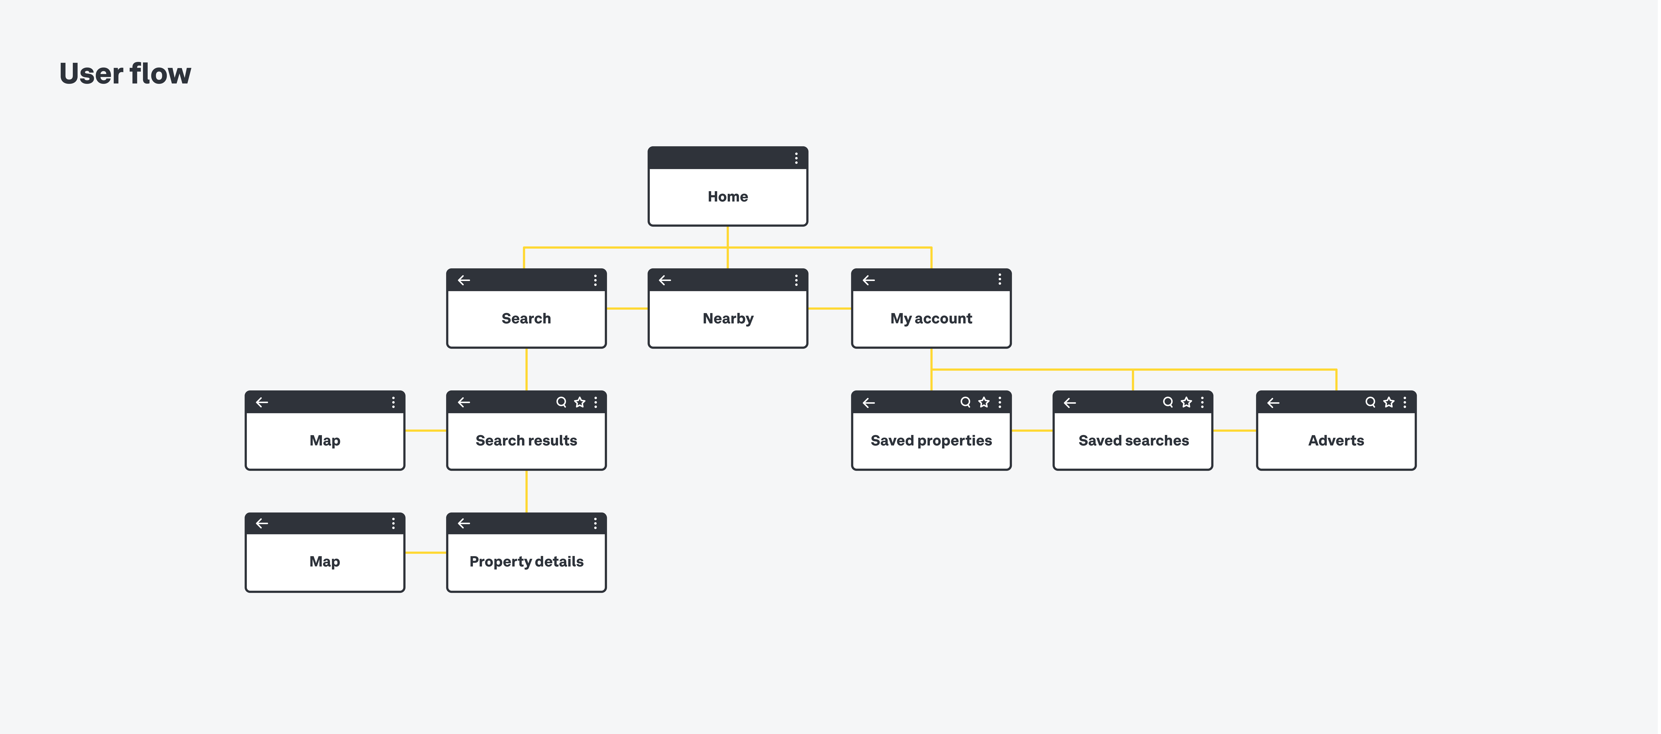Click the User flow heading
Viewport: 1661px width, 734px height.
tap(125, 73)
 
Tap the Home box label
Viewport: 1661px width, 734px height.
tap(727, 197)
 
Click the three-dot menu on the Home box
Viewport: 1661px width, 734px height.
tap(796, 158)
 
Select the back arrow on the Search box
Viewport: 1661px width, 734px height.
tap(464, 280)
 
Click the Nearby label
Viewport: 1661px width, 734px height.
tap(727, 318)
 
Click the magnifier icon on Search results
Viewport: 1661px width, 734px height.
tap(561, 402)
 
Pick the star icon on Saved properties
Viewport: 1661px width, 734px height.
tap(983, 402)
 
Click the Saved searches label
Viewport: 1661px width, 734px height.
tap(1133, 441)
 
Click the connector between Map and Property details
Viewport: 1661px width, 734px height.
tap(426, 552)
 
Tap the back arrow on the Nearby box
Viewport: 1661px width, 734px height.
tap(665, 280)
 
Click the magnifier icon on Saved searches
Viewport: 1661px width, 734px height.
tap(1167, 402)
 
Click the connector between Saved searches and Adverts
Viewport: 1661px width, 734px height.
tap(1234, 430)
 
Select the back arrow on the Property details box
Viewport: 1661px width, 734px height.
tap(464, 523)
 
